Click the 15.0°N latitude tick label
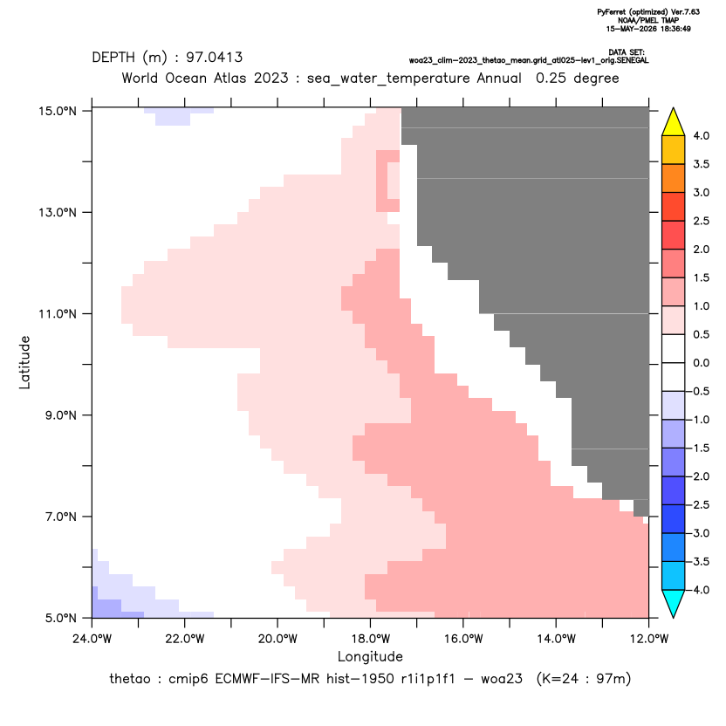[x=58, y=112]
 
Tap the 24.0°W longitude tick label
[x=92, y=639]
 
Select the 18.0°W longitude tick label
[x=370, y=639]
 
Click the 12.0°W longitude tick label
[x=648, y=639]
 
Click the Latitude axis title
[x=24, y=362]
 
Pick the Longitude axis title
[x=370, y=656]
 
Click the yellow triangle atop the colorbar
[x=674, y=122]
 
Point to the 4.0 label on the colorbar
[x=701, y=135]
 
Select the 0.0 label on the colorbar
[x=701, y=363]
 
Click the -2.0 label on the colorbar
[x=699, y=476]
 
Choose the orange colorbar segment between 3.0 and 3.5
[x=674, y=178]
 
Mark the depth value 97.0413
[x=215, y=58]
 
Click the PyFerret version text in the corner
[x=648, y=12]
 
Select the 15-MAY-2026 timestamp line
[x=648, y=29]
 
